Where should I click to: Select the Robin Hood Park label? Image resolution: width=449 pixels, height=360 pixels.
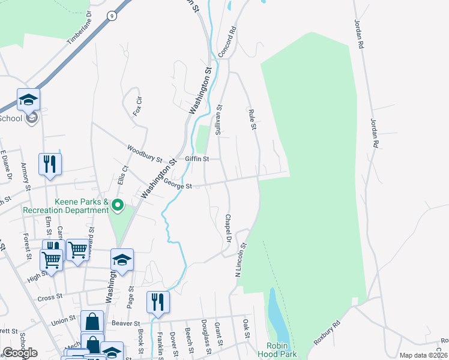click(282, 350)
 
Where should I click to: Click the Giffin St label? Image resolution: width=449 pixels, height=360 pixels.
click(196, 159)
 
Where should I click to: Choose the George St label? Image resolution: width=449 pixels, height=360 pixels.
click(177, 186)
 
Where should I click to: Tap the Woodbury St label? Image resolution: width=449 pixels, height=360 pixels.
click(145, 153)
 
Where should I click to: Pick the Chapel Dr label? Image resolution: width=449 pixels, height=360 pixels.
click(228, 228)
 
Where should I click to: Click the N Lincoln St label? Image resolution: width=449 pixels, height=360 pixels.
click(241, 258)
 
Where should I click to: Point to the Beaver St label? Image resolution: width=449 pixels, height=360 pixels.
click(125, 323)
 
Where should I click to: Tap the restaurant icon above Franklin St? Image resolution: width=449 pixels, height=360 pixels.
click(157, 302)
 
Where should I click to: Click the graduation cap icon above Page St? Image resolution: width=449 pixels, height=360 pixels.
click(122, 260)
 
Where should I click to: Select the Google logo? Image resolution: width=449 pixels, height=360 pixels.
click(20, 353)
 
